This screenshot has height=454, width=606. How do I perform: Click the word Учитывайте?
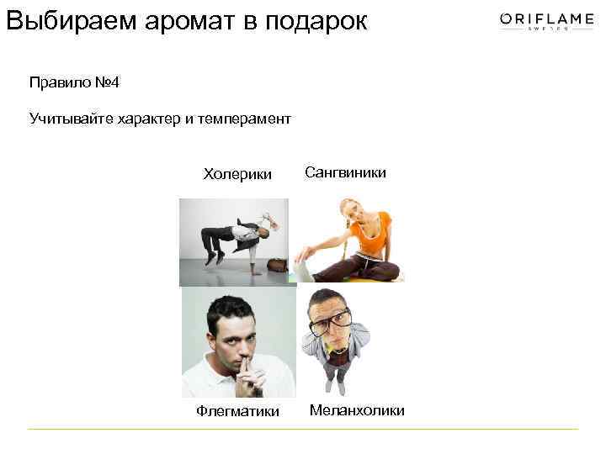tap(68, 119)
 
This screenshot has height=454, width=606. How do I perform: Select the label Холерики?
tap(237, 174)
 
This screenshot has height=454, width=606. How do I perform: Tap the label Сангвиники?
tap(345, 172)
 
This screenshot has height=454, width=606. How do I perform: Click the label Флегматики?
tap(237, 411)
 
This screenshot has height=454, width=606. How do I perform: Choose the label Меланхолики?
tap(357, 410)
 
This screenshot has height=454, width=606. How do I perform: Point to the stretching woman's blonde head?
tap(349, 209)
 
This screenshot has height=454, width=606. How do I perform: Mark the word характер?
tap(156, 119)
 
